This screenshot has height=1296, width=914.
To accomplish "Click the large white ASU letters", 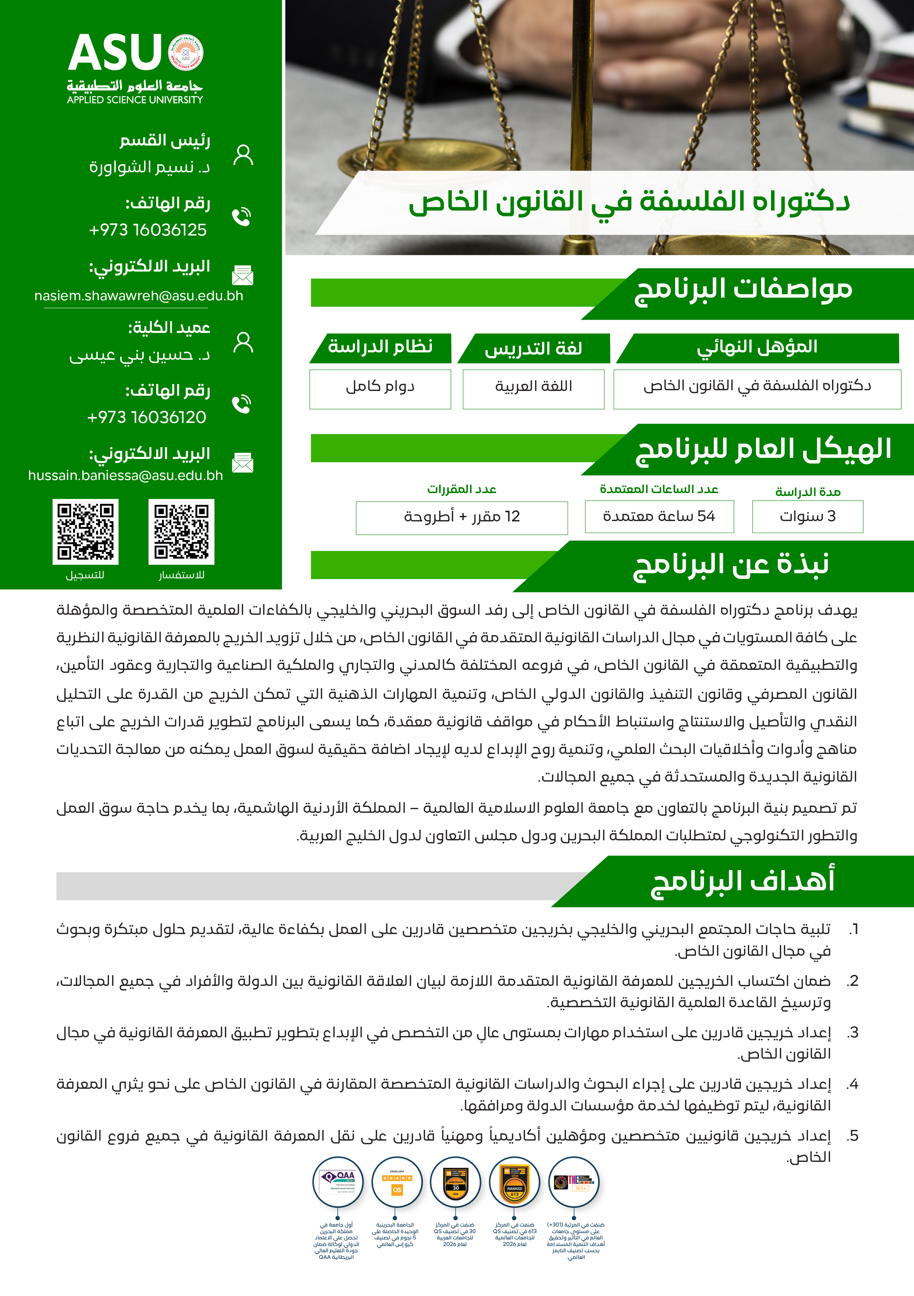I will click(115, 53).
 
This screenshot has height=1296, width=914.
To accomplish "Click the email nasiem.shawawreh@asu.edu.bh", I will click(139, 296).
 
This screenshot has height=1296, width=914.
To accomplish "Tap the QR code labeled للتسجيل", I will click(86, 532).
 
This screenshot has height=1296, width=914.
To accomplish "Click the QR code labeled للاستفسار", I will click(181, 532).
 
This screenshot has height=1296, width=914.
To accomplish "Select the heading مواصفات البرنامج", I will click(743, 289).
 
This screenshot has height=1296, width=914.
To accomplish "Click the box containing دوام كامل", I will click(380, 389).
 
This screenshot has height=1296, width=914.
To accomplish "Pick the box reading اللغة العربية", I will click(534, 389).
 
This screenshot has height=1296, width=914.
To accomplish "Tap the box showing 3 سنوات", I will click(807, 517).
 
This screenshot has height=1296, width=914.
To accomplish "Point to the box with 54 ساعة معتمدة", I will click(659, 517).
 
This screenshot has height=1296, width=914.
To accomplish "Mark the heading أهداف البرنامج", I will click(742, 882).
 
